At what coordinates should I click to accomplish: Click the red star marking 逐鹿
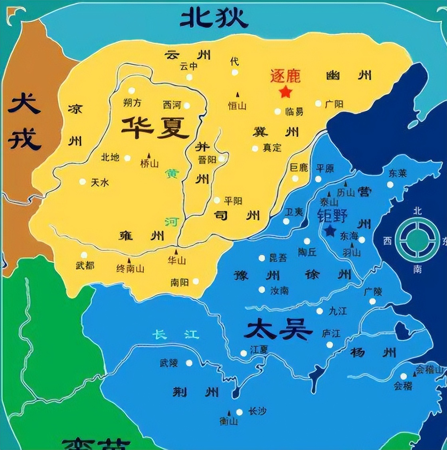coord(285,92)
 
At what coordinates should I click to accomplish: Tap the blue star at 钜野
coord(330,231)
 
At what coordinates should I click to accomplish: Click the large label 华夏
coord(155,127)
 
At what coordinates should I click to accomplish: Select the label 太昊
coord(278,331)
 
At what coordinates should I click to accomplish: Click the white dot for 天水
coord(83,182)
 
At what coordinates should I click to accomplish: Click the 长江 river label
coord(176,334)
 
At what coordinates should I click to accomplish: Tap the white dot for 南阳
coord(196,281)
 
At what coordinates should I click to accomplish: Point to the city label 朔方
coord(132,103)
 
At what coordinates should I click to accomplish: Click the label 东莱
coord(397,173)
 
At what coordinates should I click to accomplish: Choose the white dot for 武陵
coord(189,363)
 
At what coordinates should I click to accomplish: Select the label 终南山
coord(130,269)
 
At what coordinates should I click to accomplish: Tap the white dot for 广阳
coord(318,104)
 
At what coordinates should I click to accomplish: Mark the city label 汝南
coord(279,290)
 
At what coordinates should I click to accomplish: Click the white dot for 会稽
coord(403,376)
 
